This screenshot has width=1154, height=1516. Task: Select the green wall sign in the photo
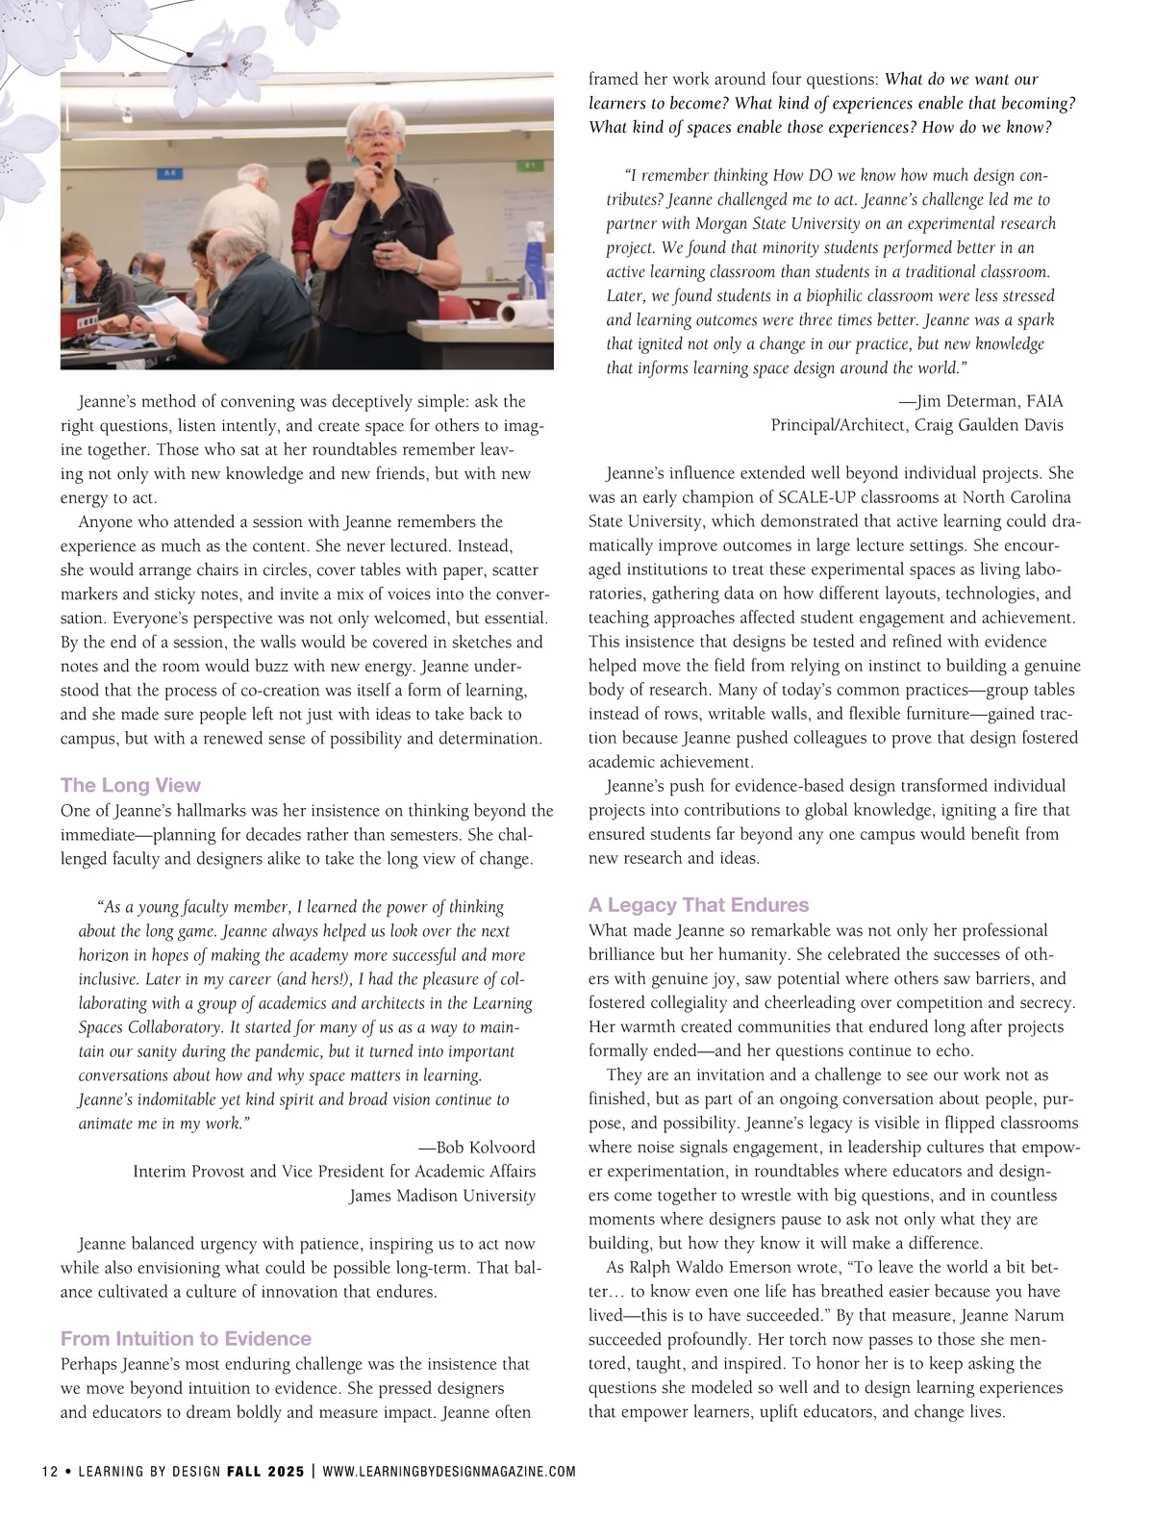529,164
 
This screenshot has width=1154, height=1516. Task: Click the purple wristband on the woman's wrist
338,231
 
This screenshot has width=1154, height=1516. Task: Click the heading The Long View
131,785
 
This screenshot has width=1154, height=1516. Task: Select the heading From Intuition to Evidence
186,1338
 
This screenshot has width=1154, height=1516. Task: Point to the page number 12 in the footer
50,1472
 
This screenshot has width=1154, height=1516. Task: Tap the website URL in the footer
449,1472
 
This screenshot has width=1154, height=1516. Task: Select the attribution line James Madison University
441,1196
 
